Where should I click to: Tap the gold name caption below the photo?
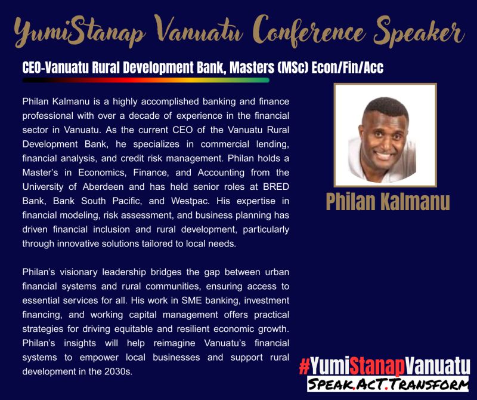click(388, 201)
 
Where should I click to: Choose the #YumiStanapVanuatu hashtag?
click(385, 365)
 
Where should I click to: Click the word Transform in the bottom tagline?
click(435, 384)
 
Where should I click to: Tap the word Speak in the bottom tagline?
click(330, 384)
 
